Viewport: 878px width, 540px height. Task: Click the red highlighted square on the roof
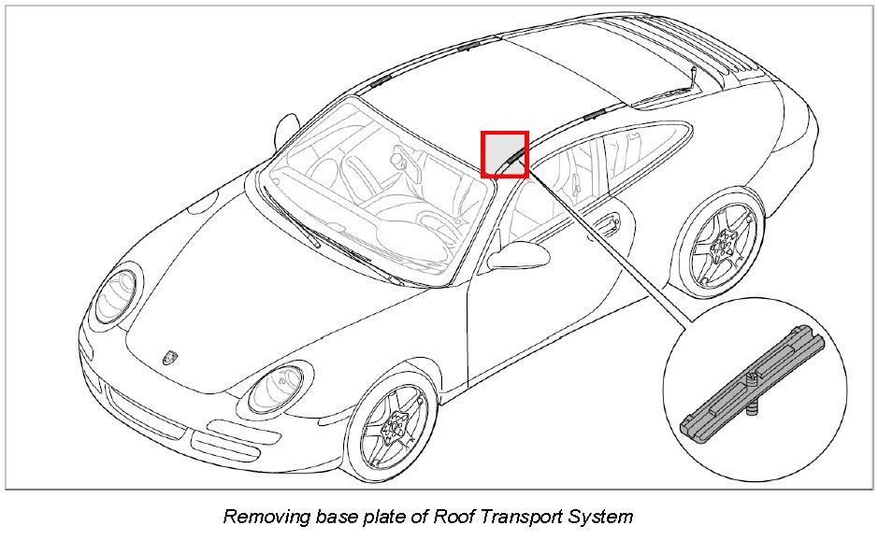click(x=505, y=154)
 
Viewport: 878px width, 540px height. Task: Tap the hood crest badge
click(x=170, y=356)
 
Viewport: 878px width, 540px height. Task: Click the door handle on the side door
click(x=608, y=223)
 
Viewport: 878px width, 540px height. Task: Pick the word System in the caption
click(x=601, y=516)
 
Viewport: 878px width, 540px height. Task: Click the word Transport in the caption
click(x=516, y=516)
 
